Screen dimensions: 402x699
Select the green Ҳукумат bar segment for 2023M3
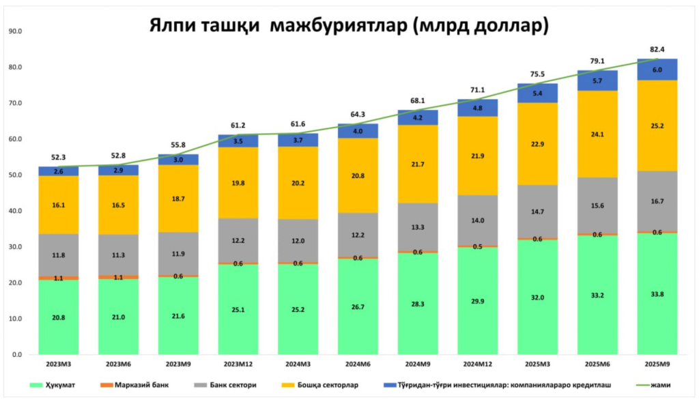click(x=59, y=317)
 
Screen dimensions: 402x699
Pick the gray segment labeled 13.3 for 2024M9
click(x=418, y=227)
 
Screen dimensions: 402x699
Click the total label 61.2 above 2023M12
click(x=238, y=125)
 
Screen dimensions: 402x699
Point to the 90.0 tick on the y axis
click(x=14, y=31)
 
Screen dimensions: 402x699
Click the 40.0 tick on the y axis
click(x=14, y=211)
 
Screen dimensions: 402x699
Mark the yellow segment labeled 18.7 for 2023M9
click(x=178, y=199)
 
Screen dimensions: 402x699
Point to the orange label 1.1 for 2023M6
click(x=119, y=277)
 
